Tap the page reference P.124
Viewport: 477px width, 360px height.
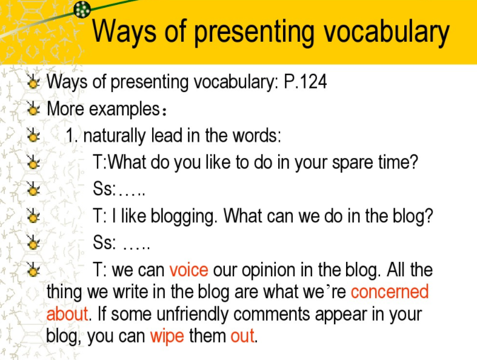point(305,82)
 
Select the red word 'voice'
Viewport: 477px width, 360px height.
point(188,270)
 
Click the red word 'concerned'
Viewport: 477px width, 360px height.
point(390,292)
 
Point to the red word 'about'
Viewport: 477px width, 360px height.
point(67,314)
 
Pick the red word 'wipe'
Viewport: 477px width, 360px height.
point(167,336)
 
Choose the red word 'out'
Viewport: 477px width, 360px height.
point(242,336)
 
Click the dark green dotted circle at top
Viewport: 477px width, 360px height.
point(82,10)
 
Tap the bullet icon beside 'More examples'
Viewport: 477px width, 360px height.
point(33,108)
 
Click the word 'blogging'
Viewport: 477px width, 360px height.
point(183,217)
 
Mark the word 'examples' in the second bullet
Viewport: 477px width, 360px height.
point(124,109)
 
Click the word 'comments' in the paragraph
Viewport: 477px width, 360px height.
point(272,315)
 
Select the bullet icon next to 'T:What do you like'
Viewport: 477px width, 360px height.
point(33,162)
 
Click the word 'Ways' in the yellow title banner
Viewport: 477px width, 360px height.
point(124,32)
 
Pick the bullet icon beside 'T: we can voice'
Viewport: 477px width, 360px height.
point(33,269)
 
